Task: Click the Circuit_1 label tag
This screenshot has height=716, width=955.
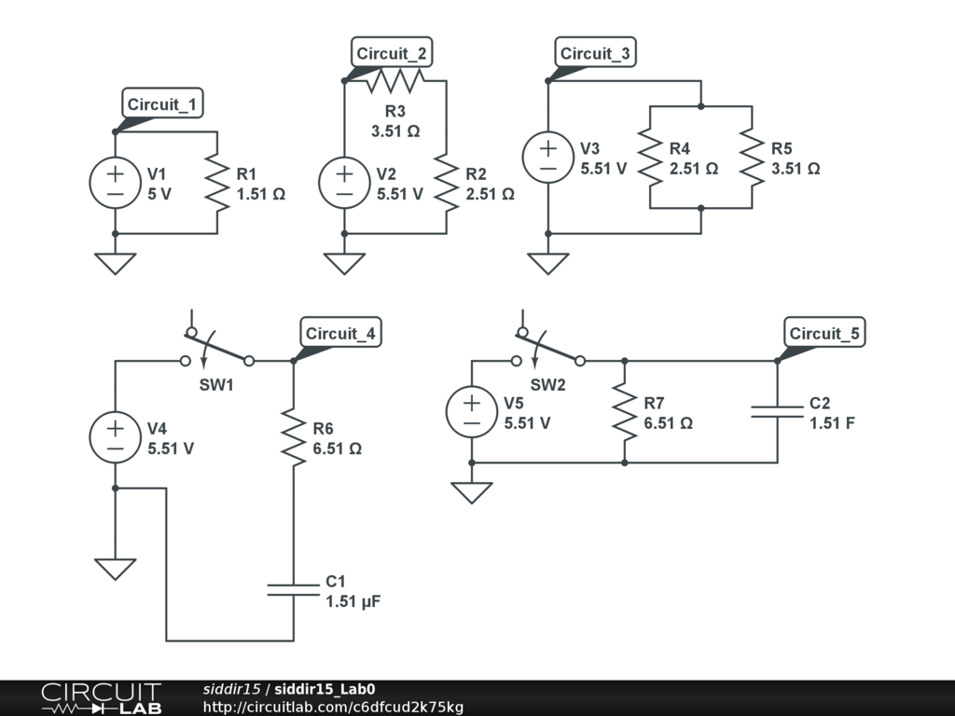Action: pos(162,103)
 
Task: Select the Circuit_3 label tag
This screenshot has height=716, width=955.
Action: pos(595,52)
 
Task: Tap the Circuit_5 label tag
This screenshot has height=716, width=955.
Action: pos(824,333)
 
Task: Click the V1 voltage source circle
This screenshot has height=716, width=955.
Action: pos(115,183)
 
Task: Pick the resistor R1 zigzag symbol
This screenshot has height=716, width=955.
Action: pos(217,183)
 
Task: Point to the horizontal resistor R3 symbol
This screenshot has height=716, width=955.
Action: pos(395,80)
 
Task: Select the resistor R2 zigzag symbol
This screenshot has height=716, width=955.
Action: pos(447,183)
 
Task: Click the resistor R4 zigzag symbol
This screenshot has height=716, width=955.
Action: pos(650,157)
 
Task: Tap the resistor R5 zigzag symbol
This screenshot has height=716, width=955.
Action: pos(753,157)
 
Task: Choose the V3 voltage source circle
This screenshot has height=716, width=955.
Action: pos(548,157)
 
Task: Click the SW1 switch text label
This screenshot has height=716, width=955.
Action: pos(216,385)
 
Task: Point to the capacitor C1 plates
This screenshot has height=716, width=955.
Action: pos(294,589)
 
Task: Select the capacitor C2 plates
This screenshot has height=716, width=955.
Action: pos(778,411)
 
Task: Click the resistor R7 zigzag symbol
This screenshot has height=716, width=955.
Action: pos(624,411)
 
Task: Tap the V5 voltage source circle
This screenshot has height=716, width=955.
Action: pos(472,411)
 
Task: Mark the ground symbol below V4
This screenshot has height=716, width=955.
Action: pos(115,570)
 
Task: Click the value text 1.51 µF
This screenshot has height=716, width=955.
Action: pos(353,602)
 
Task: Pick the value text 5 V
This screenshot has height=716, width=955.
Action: pos(159,194)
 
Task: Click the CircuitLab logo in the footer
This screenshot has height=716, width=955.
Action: pos(102,698)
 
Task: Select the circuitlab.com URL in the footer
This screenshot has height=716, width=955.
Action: pos(333,707)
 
